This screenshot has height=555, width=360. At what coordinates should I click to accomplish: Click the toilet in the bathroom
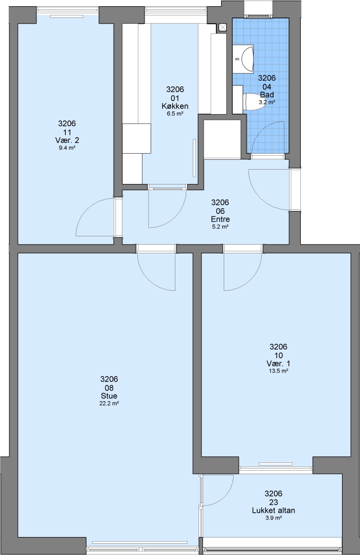click(252, 102)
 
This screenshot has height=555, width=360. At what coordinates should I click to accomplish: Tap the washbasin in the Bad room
click(247, 58)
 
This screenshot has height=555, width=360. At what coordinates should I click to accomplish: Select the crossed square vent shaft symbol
click(223, 27)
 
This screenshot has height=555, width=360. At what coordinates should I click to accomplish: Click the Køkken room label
click(175, 106)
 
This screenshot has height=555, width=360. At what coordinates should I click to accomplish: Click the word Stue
click(109, 396)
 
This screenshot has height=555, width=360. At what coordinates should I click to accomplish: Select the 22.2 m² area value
click(109, 403)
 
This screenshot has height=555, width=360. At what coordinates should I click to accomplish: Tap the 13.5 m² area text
click(278, 372)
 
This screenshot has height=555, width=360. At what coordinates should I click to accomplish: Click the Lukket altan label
click(274, 510)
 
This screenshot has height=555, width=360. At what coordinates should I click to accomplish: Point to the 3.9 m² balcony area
click(274, 518)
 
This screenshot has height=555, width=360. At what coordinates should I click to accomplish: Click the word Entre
click(220, 219)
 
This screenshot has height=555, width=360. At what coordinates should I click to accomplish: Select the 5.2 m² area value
click(220, 227)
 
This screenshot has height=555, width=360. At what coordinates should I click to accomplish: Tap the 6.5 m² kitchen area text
click(175, 114)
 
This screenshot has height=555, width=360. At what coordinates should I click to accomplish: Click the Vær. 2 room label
click(67, 140)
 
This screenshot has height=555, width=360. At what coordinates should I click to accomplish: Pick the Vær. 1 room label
click(278, 363)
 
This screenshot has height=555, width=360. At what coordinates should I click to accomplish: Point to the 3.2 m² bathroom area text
click(267, 102)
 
